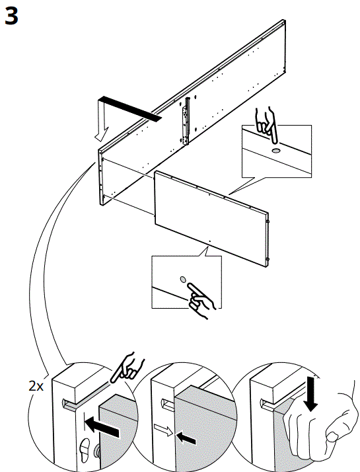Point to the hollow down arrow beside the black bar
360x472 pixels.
point(100,119)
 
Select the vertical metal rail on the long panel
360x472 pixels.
point(186,121)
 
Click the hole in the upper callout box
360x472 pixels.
point(275,150)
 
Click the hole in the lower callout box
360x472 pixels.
point(183,278)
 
